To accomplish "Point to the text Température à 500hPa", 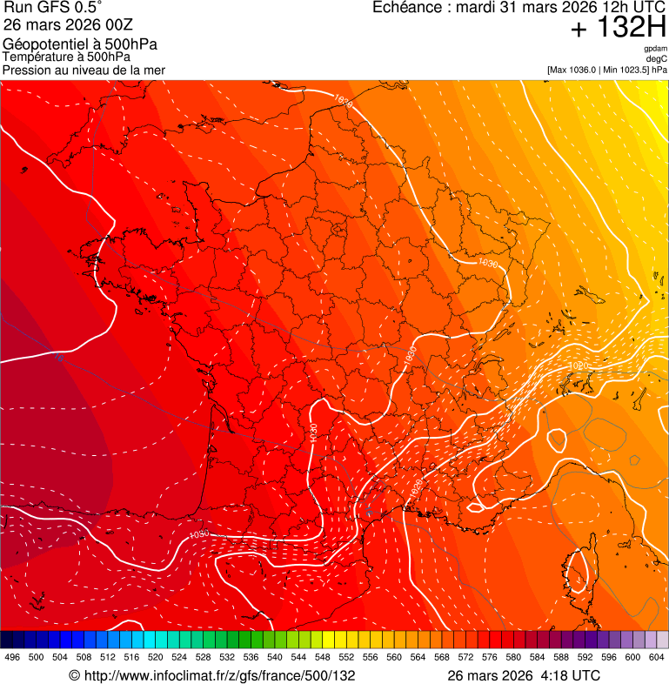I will [x=66, y=57].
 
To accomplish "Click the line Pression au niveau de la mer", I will [x=84, y=70].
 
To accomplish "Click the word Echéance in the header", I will [x=406, y=8].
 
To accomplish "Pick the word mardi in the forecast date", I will [x=476, y=8].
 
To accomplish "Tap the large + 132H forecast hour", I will [x=618, y=29].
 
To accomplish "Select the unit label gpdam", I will [x=656, y=49].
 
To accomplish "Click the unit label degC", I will [x=658, y=58].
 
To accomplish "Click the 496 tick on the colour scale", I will [x=12, y=657].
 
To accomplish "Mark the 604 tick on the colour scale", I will [x=656, y=657].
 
